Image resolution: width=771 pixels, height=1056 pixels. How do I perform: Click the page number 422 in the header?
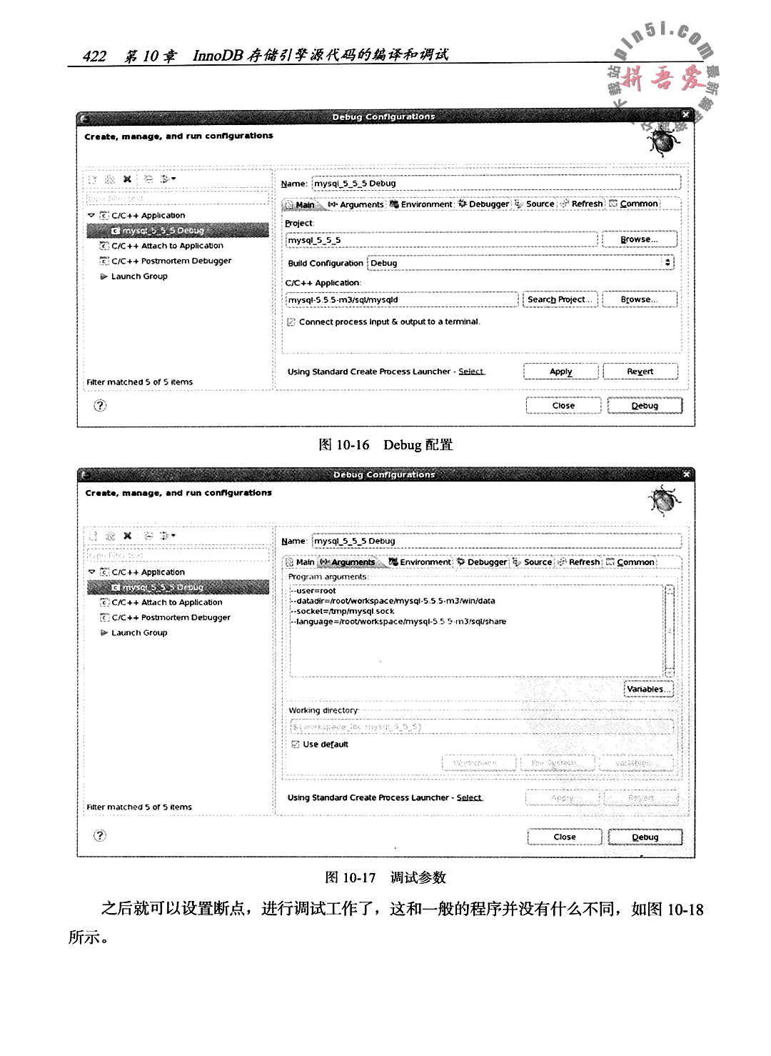94,56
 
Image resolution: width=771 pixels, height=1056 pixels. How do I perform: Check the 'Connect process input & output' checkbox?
291,322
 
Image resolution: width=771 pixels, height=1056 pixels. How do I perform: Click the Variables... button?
648,689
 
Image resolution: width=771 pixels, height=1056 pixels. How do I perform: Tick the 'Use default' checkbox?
296,744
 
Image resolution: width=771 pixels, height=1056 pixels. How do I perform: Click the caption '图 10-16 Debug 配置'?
385,445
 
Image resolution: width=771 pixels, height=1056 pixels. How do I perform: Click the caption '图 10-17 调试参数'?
385,877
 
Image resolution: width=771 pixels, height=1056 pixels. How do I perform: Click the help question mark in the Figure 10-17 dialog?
100,835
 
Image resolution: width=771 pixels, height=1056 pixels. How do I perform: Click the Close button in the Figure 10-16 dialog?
563,406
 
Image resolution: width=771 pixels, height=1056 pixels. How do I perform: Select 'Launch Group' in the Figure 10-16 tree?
139,277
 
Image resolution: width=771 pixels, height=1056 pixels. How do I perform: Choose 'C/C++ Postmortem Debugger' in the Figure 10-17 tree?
171,617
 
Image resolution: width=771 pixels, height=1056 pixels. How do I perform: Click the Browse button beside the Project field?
639,239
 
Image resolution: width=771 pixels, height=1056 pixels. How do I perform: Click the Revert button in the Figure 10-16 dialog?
640,372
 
